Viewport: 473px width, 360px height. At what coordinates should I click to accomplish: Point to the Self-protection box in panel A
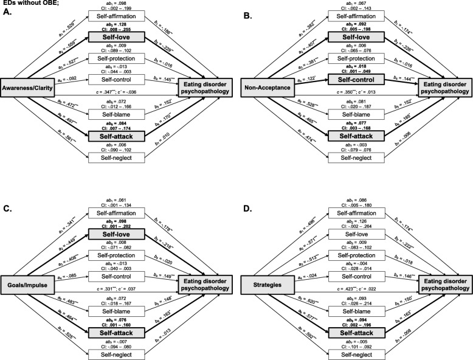(x=114, y=58)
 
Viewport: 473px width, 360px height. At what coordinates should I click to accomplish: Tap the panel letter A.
(x=5, y=12)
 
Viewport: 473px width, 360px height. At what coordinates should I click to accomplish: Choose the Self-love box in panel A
(x=114, y=38)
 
